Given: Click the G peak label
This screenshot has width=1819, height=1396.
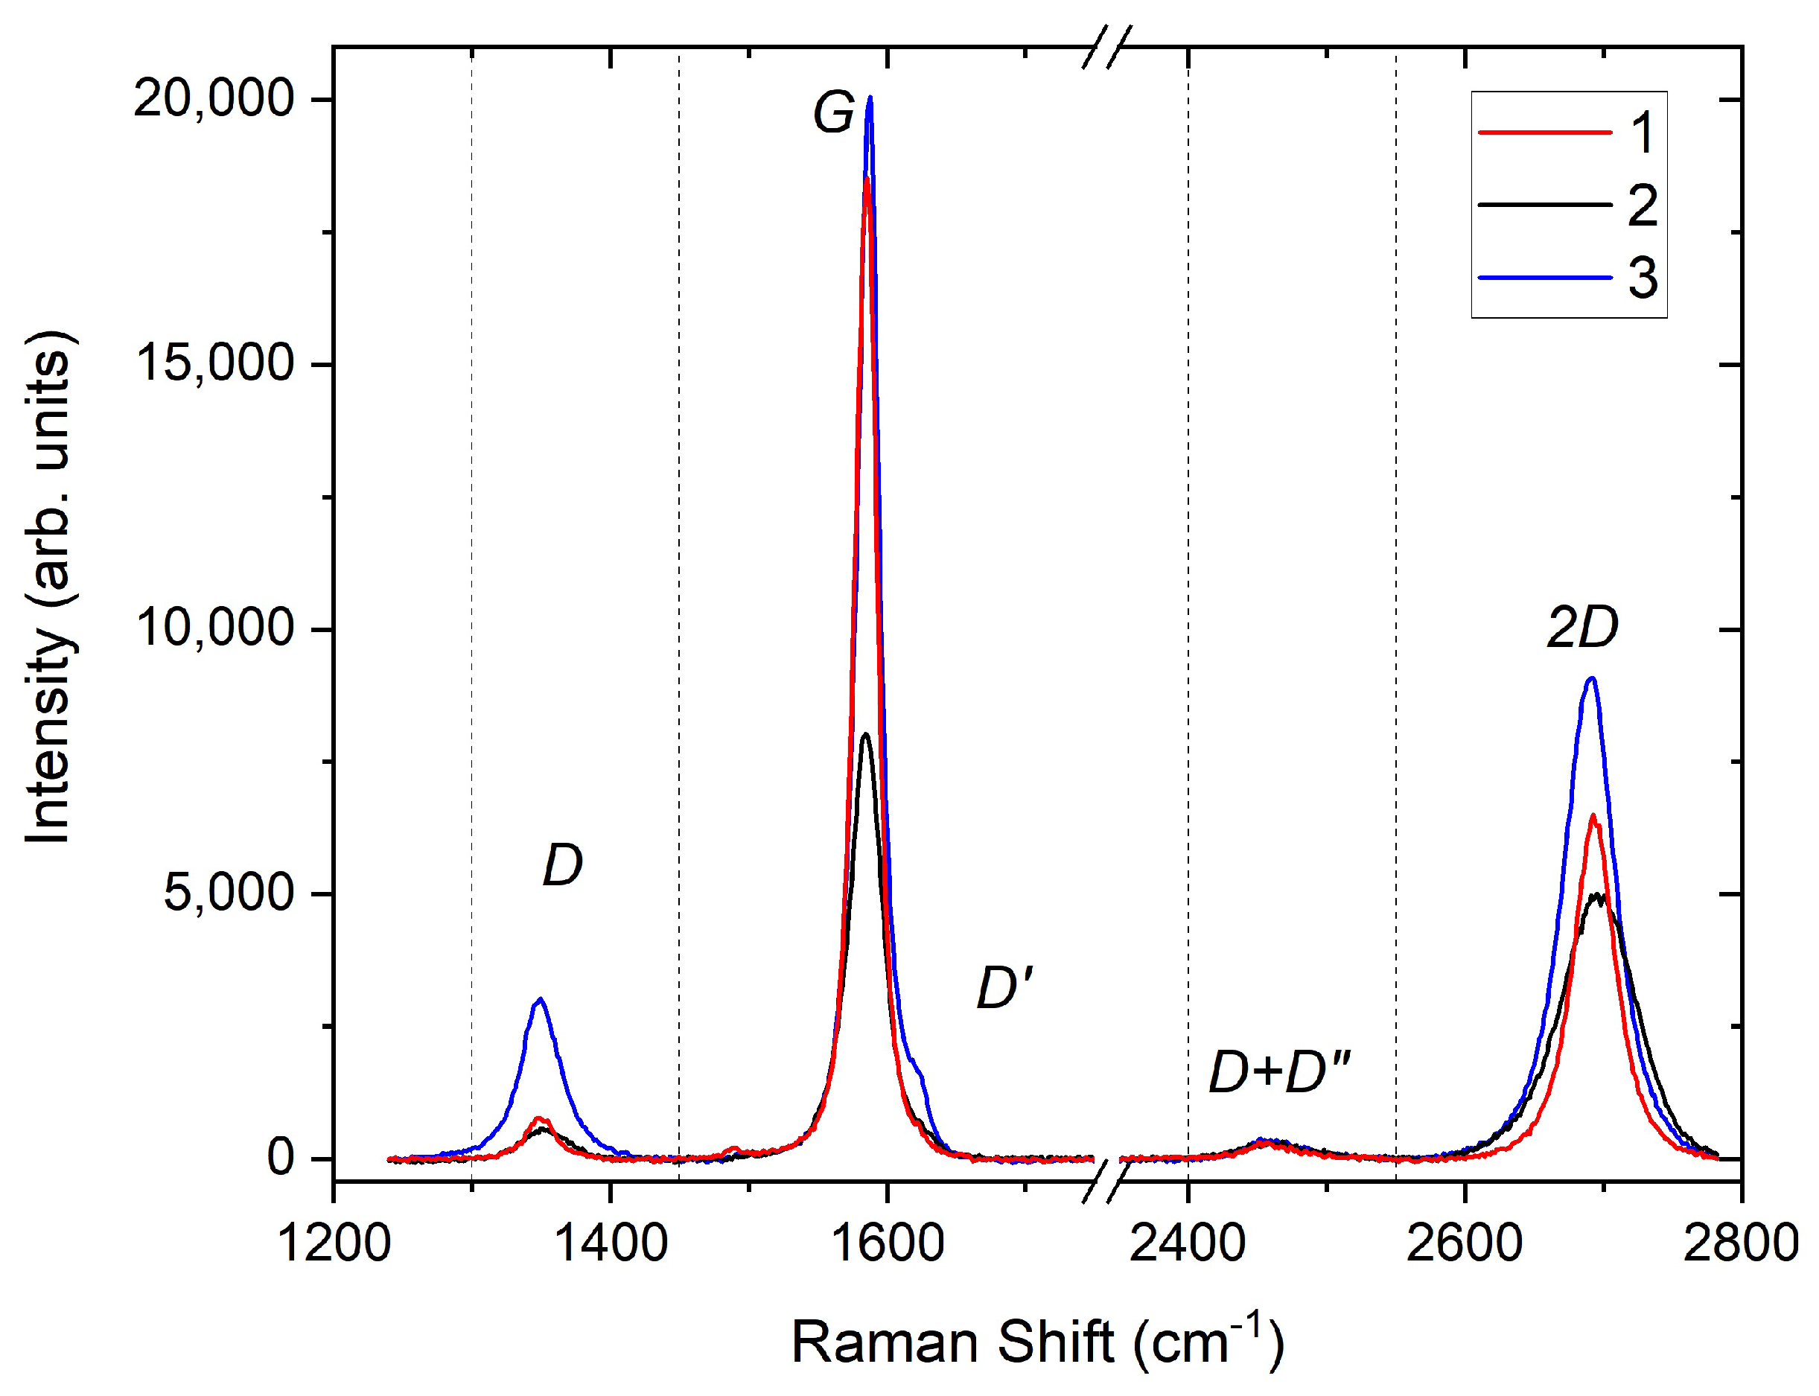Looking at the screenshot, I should [x=832, y=113].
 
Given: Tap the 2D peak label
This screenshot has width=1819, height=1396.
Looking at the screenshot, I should [x=1582, y=628].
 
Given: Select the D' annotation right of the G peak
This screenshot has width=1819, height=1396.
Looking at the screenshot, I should [x=1004, y=989].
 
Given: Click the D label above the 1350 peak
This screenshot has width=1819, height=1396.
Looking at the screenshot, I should [x=563, y=865].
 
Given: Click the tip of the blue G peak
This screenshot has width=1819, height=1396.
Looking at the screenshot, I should [x=869, y=98].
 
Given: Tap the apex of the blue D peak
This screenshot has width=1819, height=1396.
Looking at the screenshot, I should [x=541, y=1000].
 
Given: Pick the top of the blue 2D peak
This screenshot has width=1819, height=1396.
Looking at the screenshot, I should [x=1591, y=679].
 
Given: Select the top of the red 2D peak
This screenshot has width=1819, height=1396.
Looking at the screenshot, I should [x=1593, y=816].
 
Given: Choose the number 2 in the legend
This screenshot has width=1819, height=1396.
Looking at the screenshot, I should [x=1643, y=205].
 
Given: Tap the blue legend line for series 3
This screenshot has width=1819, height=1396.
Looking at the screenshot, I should [x=1545, y=278].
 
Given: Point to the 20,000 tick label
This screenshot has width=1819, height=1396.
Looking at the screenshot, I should [x=214, y=100].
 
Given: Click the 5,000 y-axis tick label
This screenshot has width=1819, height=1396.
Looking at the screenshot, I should [x=229, y=893].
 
